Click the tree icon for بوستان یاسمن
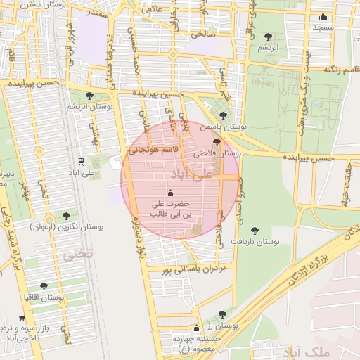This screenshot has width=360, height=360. (223, 116)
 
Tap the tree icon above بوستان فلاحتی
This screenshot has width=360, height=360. (217, 142)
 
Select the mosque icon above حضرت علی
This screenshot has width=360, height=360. (169, 193)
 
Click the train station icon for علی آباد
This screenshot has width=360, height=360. (81, 161)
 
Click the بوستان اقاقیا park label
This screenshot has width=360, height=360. (44, 297)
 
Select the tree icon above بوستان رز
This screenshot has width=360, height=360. (222, 315)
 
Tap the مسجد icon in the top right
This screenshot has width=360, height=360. (323, 17)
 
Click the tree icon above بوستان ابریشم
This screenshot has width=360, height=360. (88, 96)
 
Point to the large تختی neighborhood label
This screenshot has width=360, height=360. (77, 255)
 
